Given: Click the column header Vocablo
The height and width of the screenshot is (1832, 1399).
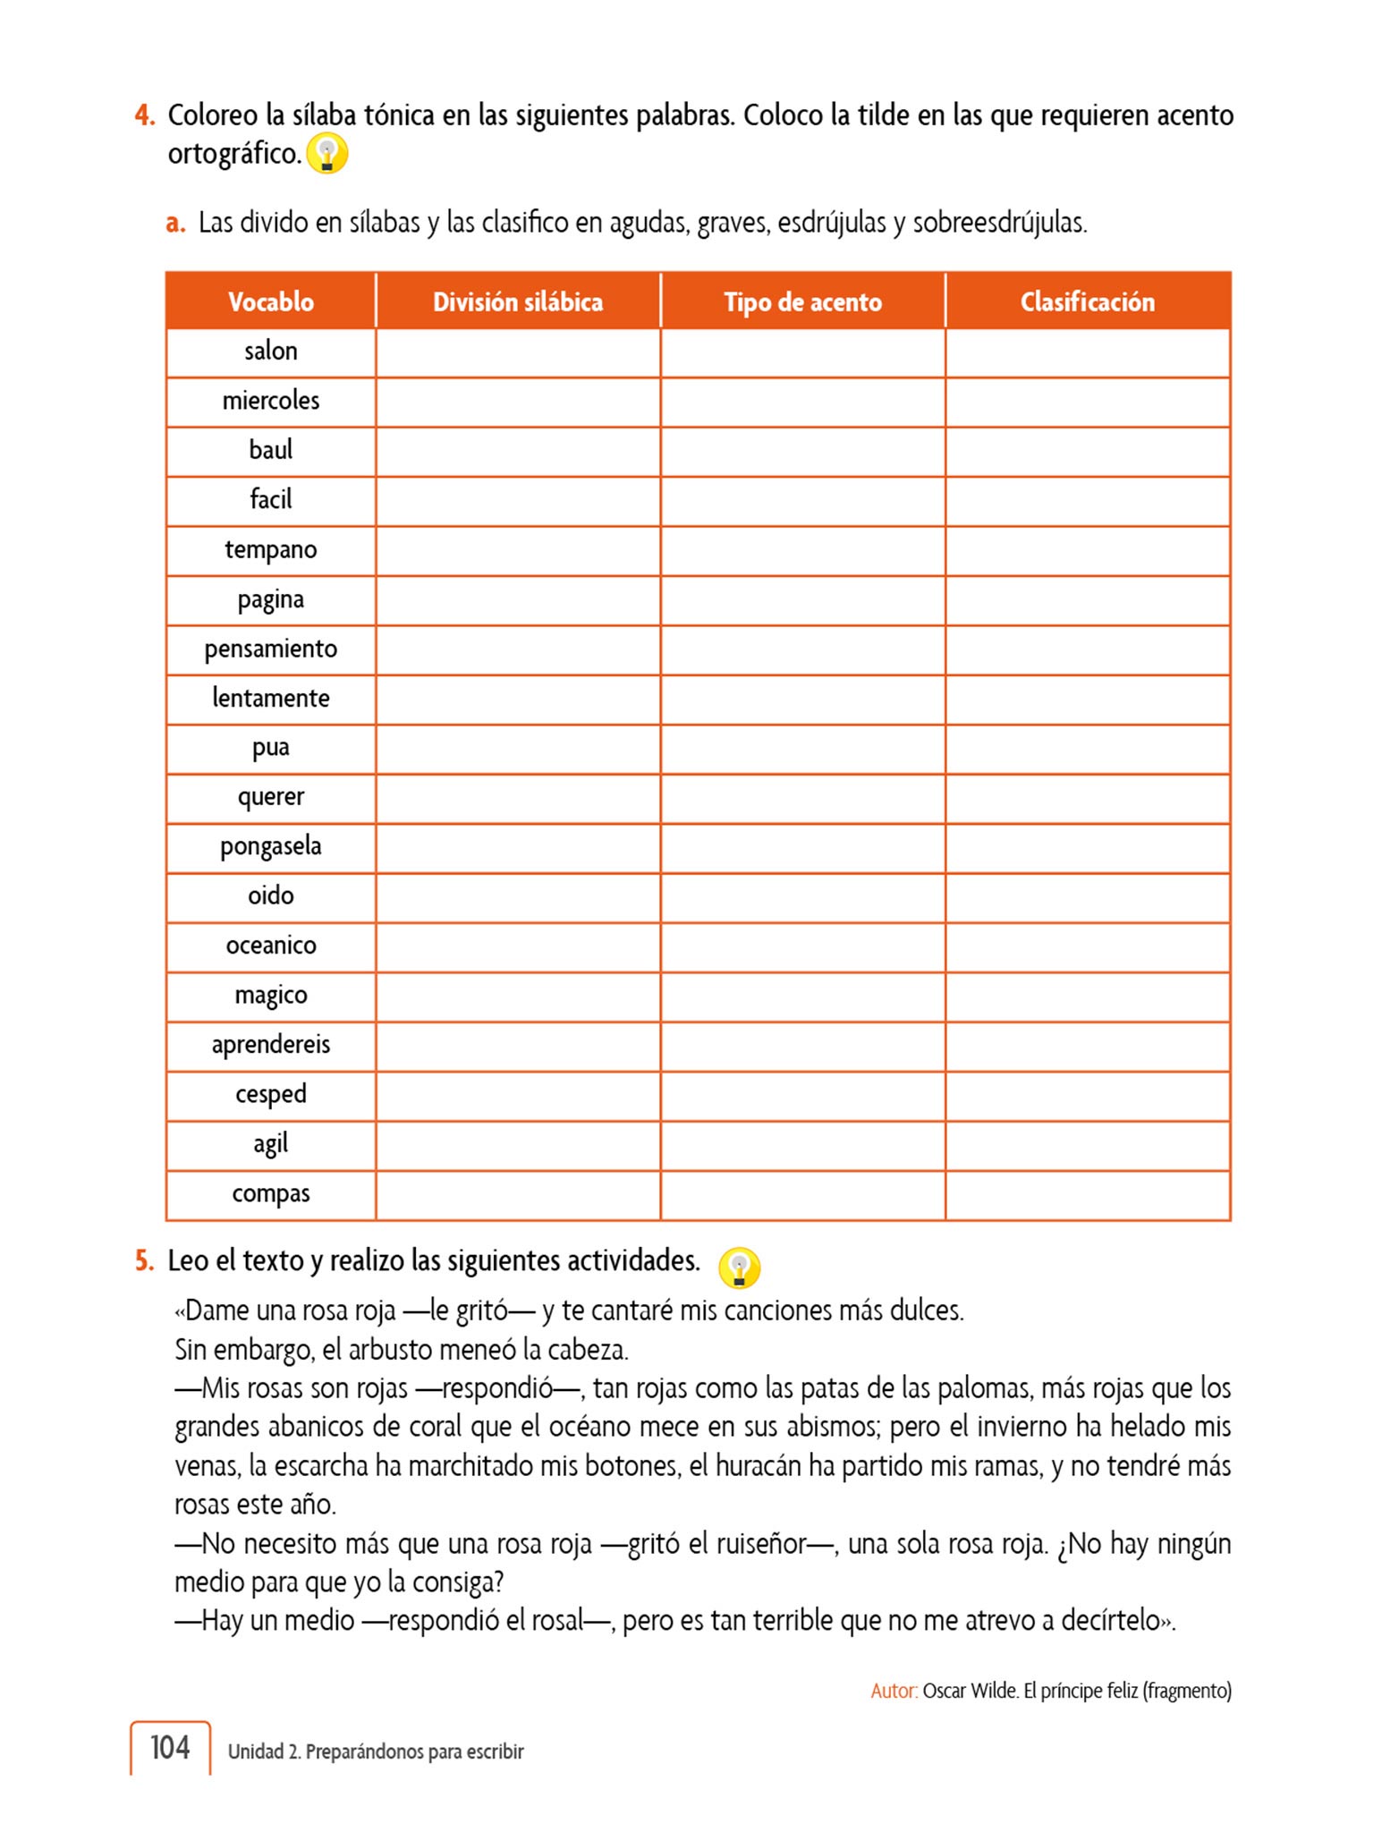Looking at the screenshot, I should (x=270, y=302).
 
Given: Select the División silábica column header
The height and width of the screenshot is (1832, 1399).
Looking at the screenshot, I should (x=517, y=302).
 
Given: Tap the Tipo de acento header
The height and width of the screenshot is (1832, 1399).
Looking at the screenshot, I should (x=802, y=302).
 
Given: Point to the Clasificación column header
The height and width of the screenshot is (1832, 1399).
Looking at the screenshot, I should (x=1087, y=302).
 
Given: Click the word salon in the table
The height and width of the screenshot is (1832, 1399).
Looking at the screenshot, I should (x=270, y=352).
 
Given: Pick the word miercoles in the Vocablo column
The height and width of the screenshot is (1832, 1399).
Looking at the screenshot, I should (x=270, y=401).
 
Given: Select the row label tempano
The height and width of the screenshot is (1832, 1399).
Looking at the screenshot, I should (x=270, y=549).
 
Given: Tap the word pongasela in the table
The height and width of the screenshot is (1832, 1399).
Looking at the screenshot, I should (x=270, y=846).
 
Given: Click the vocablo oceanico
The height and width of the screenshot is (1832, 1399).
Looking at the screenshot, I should (x=270, y=946).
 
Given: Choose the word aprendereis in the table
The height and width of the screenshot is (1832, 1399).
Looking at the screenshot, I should (x=270, y=1045).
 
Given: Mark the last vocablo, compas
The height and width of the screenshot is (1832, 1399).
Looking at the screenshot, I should (x=270, y=1193).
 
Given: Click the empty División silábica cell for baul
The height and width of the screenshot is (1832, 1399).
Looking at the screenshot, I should (x=517, y=451).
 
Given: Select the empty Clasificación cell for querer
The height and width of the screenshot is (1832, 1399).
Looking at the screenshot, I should (x=1087, y=798).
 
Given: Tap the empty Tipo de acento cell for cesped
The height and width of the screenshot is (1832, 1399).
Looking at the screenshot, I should (x=802, y=1095).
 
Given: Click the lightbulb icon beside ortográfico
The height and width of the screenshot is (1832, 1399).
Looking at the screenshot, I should (x=326, y=154).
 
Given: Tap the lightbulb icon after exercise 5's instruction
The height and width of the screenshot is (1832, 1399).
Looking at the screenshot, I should (x=739, y=1268).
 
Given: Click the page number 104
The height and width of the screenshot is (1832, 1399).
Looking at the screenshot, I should (x=170, y=1747).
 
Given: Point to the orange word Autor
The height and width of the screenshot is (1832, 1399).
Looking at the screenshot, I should (x=894, y=1691).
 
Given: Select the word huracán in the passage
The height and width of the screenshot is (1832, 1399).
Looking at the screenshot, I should (x=757, y=1466).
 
